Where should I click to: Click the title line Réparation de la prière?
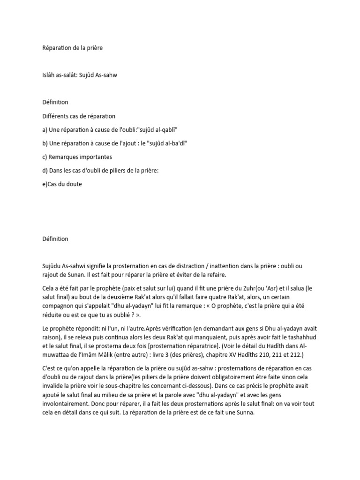[x=72, y=48]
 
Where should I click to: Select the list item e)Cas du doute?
[x=62, y=184]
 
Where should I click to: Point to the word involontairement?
[x=63, y=406]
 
